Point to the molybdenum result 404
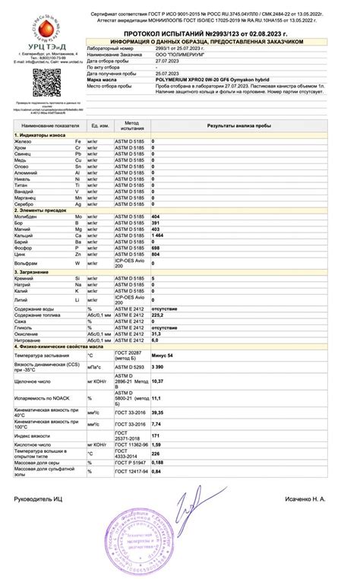point(156,217)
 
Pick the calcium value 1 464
point(158,236)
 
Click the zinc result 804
point(156,255)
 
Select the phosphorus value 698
point(156,248)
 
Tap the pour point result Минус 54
point(163,356)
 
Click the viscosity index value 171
point(156,435)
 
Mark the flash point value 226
point(156,454)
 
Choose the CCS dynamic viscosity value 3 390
point(158,367)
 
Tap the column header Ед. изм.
point(99,124)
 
